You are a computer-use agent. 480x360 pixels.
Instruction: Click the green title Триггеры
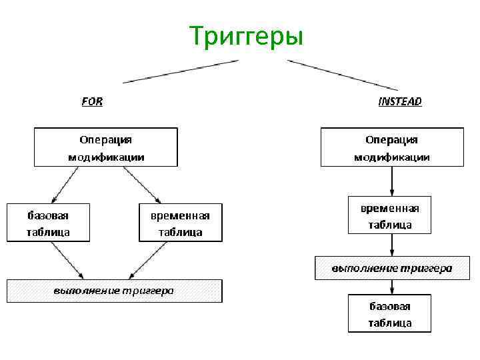tap(246, 36)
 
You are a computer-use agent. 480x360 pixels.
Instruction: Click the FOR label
tap(92, 101)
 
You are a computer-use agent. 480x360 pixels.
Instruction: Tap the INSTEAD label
tap(400, 101)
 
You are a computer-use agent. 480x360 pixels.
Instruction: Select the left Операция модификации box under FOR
tap(106, 147)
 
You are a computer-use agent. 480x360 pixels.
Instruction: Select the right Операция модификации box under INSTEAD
tap(391, 147)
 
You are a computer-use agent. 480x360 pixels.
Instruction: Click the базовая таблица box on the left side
tap(48, 223)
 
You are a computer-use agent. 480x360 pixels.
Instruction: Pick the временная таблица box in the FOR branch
tap(180, 223)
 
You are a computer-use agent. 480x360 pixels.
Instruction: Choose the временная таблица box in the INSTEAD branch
tap(390, 215)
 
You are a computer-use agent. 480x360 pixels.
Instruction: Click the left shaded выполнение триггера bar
tap(114, 291)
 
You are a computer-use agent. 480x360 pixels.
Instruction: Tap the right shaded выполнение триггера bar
tap(391, 268)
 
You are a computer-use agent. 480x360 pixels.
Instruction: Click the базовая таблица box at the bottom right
tap(390, 313)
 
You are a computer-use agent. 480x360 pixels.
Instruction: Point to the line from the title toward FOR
tap(181, 71)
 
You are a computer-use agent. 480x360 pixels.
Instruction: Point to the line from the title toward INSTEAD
tap(342, 75)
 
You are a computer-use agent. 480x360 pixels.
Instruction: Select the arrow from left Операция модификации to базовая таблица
tap(65, 184)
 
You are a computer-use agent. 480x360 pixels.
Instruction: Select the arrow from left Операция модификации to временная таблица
tap(141, 184)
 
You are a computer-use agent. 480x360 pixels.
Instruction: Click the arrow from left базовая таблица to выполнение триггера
tap(67, 260)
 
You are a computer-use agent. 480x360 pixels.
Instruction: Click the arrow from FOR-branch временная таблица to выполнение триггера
tap(148, 260)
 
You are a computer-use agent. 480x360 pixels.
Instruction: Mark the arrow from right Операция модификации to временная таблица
tap(391, 180)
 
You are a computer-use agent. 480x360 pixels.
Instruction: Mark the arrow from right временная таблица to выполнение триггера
tap(391, 245)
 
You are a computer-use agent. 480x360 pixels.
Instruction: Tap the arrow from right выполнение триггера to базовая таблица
tap(391, 287)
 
